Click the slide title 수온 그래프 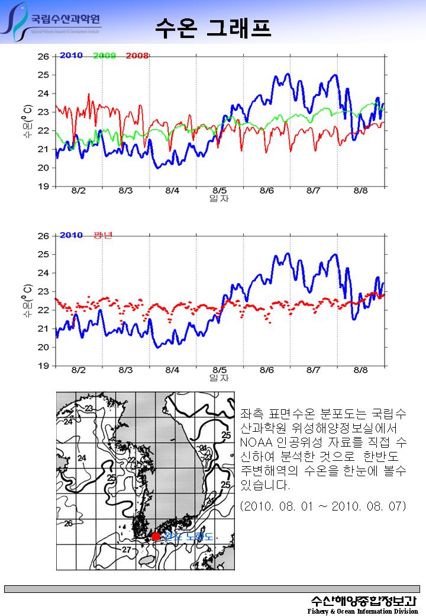point(213,27)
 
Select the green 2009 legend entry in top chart point(104,56)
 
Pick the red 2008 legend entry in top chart point(137,56)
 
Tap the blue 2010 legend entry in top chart point(71,56)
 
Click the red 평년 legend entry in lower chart point(103,235)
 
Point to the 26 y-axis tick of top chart point(43,56)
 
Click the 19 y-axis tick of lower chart point(43,365)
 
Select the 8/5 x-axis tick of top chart point(220,191)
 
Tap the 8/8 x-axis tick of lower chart point(360,370)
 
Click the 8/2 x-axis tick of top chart point(78,191)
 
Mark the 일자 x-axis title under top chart point(219,198)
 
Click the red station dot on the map point(156,537)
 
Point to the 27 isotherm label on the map point(126,550)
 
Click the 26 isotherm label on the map point(69,524)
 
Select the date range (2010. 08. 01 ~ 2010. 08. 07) point(323,506)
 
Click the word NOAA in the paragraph point(255,442)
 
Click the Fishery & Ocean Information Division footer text point(363,611)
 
